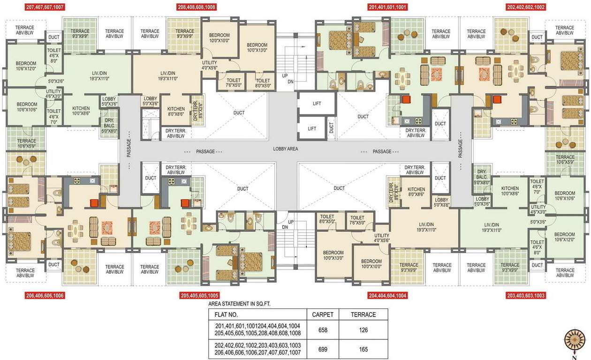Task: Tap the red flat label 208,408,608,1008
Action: click(197, 7)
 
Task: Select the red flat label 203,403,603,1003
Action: click(526, 296)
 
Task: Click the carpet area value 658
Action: click(323, 330)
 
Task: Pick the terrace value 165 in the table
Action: click(364, 349)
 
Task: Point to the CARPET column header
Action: click(323, 315)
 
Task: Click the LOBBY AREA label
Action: click(286, 149)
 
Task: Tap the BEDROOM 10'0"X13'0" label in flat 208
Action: click(257, 47)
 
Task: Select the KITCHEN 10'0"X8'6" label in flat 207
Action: click(81, 111)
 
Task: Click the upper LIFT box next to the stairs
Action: click(317, 103)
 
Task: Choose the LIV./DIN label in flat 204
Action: click(426, 227)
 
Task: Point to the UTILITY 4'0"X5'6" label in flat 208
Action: click(210, 65)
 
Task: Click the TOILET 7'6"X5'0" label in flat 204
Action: click(357, 220)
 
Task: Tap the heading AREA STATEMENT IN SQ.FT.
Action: click(239, 304)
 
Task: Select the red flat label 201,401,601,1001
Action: click(387, 7)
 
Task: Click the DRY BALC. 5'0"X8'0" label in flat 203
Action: click(482, 177)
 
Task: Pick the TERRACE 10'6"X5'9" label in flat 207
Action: click(26, 143)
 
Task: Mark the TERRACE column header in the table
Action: click(364, 315)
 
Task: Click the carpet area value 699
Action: click(323, 349)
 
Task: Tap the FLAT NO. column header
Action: click(226, 315)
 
